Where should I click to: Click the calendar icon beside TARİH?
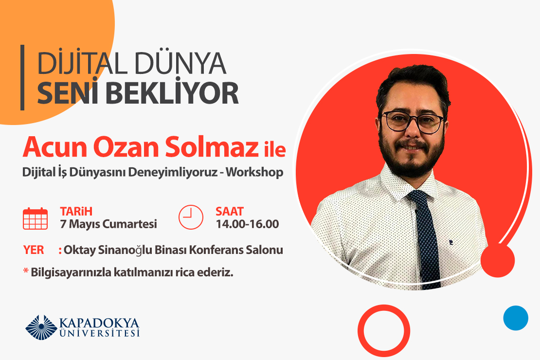[x=36, y=218]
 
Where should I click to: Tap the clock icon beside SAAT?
[x=191, y=217]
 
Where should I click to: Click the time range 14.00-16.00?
[x=247, y=224]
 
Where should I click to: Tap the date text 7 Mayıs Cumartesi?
[x=108, y=224]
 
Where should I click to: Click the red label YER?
[x=34, y=251]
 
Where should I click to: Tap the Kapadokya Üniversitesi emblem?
[x=41, y=327]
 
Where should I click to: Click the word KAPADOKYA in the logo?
[x=99, y=324]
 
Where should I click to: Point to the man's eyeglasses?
[x=413, y=122]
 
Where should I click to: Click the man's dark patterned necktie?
[x=426, y=234]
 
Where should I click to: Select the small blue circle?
[x=516, y=318]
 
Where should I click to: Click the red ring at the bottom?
[x=384, y=331]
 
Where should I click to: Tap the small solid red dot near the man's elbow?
[x=497, y=261]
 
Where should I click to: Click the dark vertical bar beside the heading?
[x=22, y=77]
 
